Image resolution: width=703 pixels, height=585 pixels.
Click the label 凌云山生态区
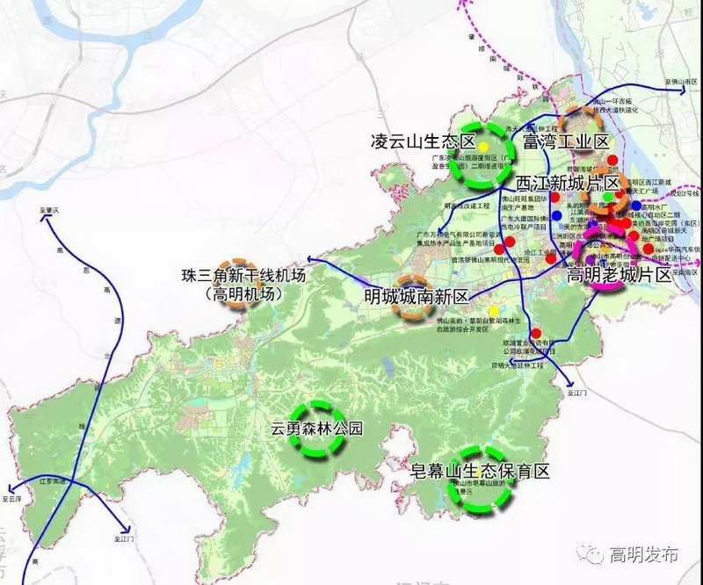coord(423,141)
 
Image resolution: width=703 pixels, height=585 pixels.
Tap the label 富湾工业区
coord(566,141)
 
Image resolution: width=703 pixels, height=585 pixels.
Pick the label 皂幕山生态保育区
coord(481,471)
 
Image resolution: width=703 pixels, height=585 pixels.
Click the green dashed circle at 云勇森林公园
coord(316,430)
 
